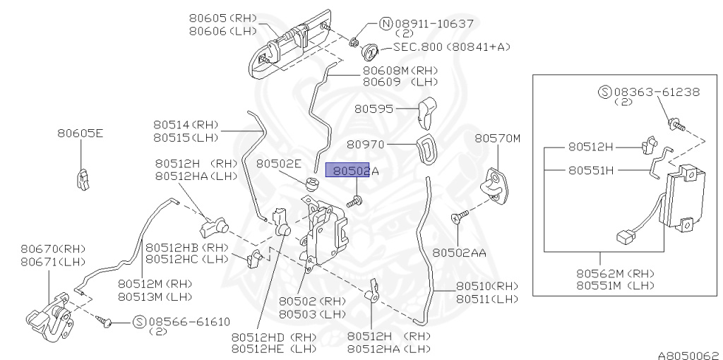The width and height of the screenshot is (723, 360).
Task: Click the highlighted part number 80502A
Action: click(x=352, y=171)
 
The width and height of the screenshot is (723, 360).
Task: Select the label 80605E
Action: click(x=80, y=132)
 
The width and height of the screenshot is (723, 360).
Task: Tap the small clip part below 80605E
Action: click(x=82, y=178)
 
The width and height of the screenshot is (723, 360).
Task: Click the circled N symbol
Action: click(x=386, y=23)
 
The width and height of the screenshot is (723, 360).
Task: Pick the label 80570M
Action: click(x=497, y=138)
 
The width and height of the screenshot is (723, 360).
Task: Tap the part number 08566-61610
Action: click(x=189, y=322)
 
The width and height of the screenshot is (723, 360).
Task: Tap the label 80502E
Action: click(x=278, y=163)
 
